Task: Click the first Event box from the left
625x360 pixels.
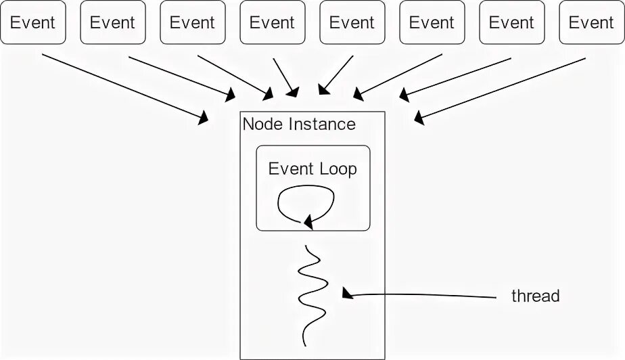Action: point(32,22)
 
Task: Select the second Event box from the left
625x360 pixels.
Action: point(112,22)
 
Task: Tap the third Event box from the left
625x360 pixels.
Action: point(192,22)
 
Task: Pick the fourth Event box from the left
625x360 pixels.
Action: point(272,22)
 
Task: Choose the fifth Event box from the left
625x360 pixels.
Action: point(352,22)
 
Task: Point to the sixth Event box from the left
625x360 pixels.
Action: point(432,22)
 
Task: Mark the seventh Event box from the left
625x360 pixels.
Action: point(511,22)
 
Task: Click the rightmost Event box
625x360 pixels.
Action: point(591,22)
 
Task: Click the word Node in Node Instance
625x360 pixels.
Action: point(263,125)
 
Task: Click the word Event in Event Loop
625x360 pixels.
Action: point(288,169)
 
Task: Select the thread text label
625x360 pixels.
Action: point(535,296)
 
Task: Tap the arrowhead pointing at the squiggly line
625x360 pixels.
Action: point(347,292)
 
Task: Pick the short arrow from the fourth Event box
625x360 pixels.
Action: point(284,75)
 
